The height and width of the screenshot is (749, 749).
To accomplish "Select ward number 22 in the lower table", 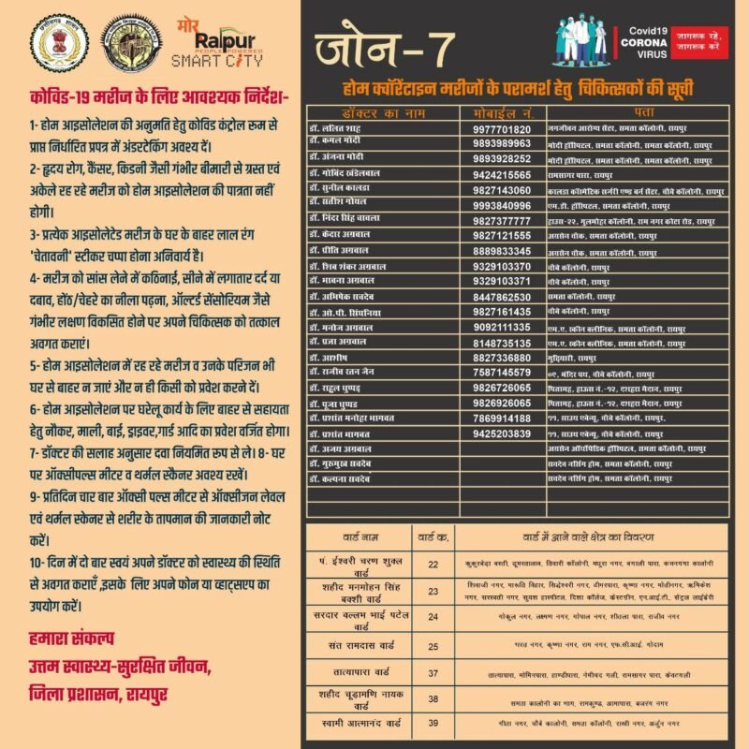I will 433,565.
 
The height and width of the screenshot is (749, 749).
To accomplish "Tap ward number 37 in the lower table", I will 433,672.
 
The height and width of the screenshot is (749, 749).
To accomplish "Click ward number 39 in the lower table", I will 433,723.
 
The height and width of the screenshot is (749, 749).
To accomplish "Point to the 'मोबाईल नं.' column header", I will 502,112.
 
